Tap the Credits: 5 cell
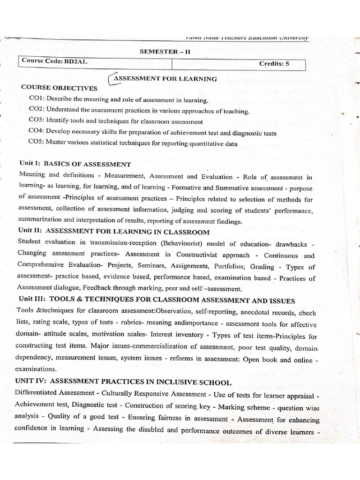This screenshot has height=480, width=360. click(274, 63)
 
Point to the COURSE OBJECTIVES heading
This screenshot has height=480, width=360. click(59, 88)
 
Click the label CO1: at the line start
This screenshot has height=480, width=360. click(37, 99)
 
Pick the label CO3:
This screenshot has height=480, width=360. click(37, 121)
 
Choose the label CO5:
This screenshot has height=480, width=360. click(37, 143)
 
